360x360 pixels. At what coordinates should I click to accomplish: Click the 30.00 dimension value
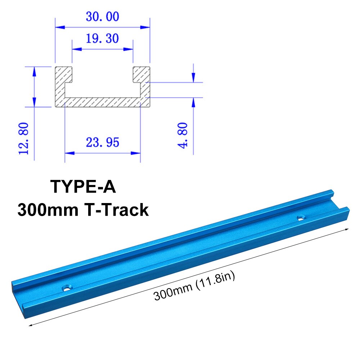tap(102, 17)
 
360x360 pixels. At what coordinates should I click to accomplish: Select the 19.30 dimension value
tap(102, 38)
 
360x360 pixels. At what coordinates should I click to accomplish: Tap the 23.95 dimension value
tap(102, 143)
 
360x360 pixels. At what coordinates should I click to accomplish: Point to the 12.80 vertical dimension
tap(24, 138)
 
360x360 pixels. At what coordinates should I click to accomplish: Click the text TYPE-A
tap(83, 187)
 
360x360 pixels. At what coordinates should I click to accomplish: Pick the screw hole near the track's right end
tap(300, 217)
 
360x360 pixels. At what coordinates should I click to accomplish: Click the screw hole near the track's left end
tap(66, 288)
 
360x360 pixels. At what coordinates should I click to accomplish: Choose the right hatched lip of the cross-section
tap(141, 74)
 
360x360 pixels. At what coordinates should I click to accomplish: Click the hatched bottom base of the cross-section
tap(102, 102)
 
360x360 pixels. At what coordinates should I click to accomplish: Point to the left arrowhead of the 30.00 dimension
tap(58, 27)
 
